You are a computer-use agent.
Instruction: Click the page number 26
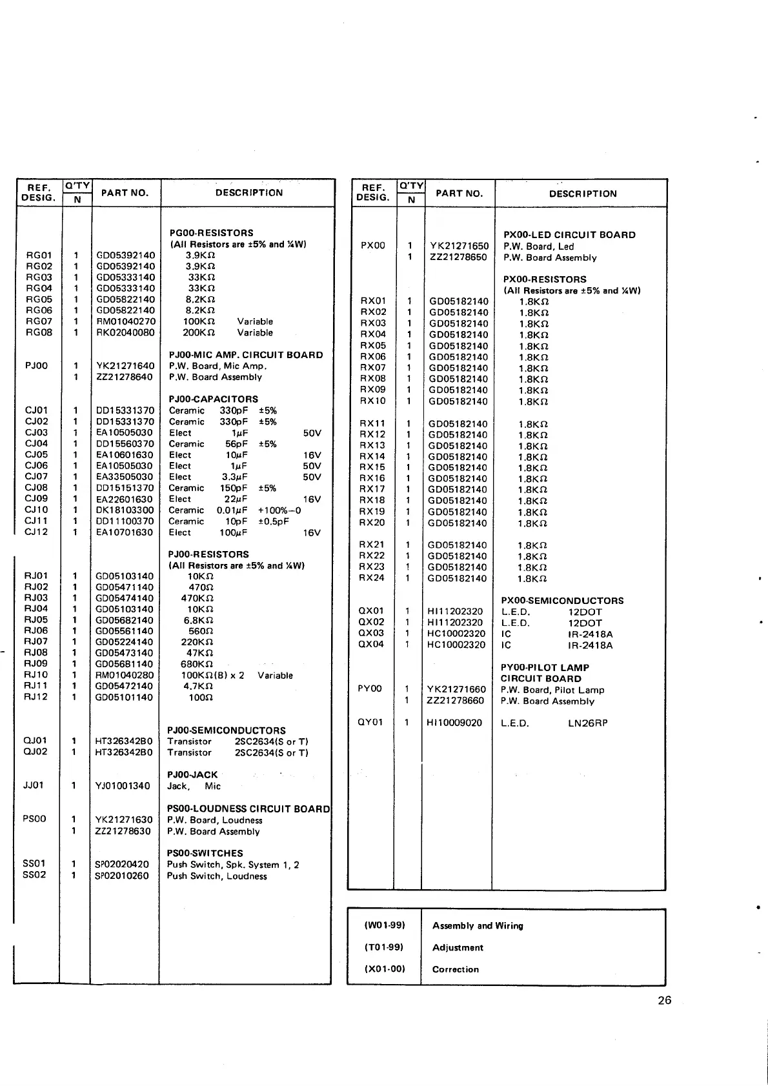664,1000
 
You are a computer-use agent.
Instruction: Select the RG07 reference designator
39,321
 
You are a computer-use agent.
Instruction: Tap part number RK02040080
125,333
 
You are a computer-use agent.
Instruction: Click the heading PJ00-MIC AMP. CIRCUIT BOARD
245,355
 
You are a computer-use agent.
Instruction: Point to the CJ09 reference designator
36,499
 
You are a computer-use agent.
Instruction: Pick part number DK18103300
125,510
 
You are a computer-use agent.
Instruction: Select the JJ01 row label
34,785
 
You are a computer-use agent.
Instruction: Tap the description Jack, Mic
194,786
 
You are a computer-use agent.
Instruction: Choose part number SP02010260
122,876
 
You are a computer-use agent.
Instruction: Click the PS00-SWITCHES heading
205,853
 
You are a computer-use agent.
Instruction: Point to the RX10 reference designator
372,401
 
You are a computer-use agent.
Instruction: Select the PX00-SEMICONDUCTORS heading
562,601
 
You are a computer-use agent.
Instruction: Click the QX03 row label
371,634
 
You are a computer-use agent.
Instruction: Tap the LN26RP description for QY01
587,723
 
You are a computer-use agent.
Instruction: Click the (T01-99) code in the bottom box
384,947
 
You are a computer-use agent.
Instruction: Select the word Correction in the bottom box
455,969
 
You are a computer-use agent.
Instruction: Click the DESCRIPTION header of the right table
582,194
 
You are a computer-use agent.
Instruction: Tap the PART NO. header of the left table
125,193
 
